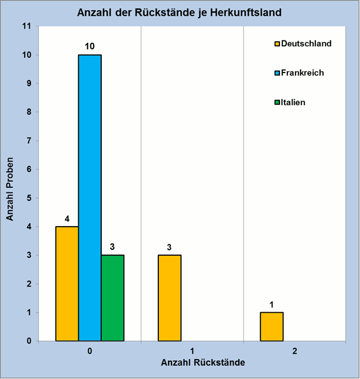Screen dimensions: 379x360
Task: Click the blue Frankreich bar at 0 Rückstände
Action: tap(90, 197)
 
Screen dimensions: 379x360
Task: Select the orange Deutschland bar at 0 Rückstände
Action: tap(67, 284)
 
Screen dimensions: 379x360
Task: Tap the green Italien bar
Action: tap(113, 298)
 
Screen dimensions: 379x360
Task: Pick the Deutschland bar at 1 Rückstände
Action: tap(169, 298)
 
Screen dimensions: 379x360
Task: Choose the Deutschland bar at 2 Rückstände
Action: tap(271, 326)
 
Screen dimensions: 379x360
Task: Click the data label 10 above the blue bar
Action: tap(90, 46)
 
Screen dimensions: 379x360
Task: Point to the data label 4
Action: tap(67, 218)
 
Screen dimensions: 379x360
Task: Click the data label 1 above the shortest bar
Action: tap(271, 304)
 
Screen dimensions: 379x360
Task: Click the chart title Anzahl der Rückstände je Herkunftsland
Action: tap(180, 11)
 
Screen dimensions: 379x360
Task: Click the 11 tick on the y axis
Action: tap(26, 26)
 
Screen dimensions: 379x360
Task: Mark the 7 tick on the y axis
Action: tap(28, 141)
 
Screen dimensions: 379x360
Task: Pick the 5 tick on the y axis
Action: tap(28, 198)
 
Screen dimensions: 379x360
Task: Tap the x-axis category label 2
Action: tap(294, 351)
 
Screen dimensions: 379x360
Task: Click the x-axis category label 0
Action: tap(90, 351)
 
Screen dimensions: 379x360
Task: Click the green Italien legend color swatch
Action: tap(277, 103)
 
